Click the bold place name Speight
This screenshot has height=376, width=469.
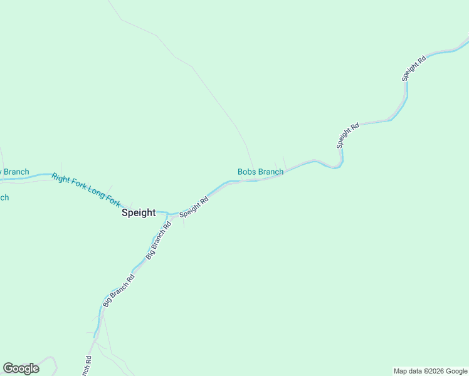(138, 212)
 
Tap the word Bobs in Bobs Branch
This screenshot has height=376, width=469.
(248, 172)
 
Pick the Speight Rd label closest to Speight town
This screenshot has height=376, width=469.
(194, 208)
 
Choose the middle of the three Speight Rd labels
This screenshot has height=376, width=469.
(347, 135)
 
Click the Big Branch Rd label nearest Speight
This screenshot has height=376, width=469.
(159, 241)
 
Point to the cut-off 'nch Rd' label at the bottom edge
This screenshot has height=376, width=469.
(87, 366)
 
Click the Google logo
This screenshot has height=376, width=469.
(21, 368)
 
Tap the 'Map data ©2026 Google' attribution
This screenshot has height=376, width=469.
(430, 371)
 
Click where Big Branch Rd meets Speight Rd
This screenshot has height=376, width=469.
(168, 216)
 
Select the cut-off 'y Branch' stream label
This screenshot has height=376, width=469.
(14, 172)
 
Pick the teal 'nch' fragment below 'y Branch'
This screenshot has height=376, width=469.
(4, 198)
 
